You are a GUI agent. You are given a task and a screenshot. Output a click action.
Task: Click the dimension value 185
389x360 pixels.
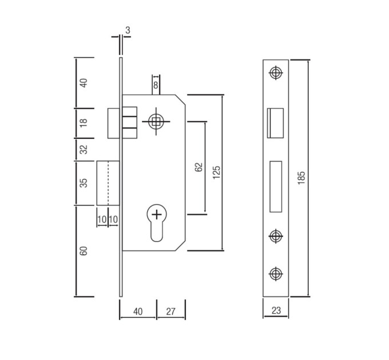301,178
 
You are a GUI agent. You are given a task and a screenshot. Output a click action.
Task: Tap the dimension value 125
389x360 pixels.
217,172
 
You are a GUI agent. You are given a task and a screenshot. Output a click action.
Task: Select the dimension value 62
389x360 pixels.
199,167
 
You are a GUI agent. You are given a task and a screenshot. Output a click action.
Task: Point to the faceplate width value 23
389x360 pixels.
276,310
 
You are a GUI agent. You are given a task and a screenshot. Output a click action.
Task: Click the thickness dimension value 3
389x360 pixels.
128,30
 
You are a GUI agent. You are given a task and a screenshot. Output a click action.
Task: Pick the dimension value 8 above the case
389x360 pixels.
156,85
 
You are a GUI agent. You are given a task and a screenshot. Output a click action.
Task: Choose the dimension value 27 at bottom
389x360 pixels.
170,311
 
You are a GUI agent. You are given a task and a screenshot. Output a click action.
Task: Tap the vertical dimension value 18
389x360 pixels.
84,123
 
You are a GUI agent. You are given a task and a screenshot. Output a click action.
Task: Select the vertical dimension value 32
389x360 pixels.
84,149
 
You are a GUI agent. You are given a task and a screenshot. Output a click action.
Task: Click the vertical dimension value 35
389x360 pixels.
84,183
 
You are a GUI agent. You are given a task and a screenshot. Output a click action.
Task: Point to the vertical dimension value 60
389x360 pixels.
84,251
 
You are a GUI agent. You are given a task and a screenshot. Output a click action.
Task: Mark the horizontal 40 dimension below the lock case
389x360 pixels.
138,311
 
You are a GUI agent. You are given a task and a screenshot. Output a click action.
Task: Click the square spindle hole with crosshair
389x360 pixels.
156,121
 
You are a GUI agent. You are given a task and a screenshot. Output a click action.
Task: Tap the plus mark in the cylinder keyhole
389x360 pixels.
157,214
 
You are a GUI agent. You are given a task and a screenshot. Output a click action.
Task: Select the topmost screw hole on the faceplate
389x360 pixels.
276,73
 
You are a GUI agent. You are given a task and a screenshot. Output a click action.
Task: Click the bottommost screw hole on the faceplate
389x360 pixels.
276,274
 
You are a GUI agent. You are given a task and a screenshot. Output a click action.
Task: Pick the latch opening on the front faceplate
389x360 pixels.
275,123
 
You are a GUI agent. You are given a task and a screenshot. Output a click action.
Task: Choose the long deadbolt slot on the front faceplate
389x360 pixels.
276,186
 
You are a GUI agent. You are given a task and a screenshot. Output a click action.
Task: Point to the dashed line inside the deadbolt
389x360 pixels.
108,183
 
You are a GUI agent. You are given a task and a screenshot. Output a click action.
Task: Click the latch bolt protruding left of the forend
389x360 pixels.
114,123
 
